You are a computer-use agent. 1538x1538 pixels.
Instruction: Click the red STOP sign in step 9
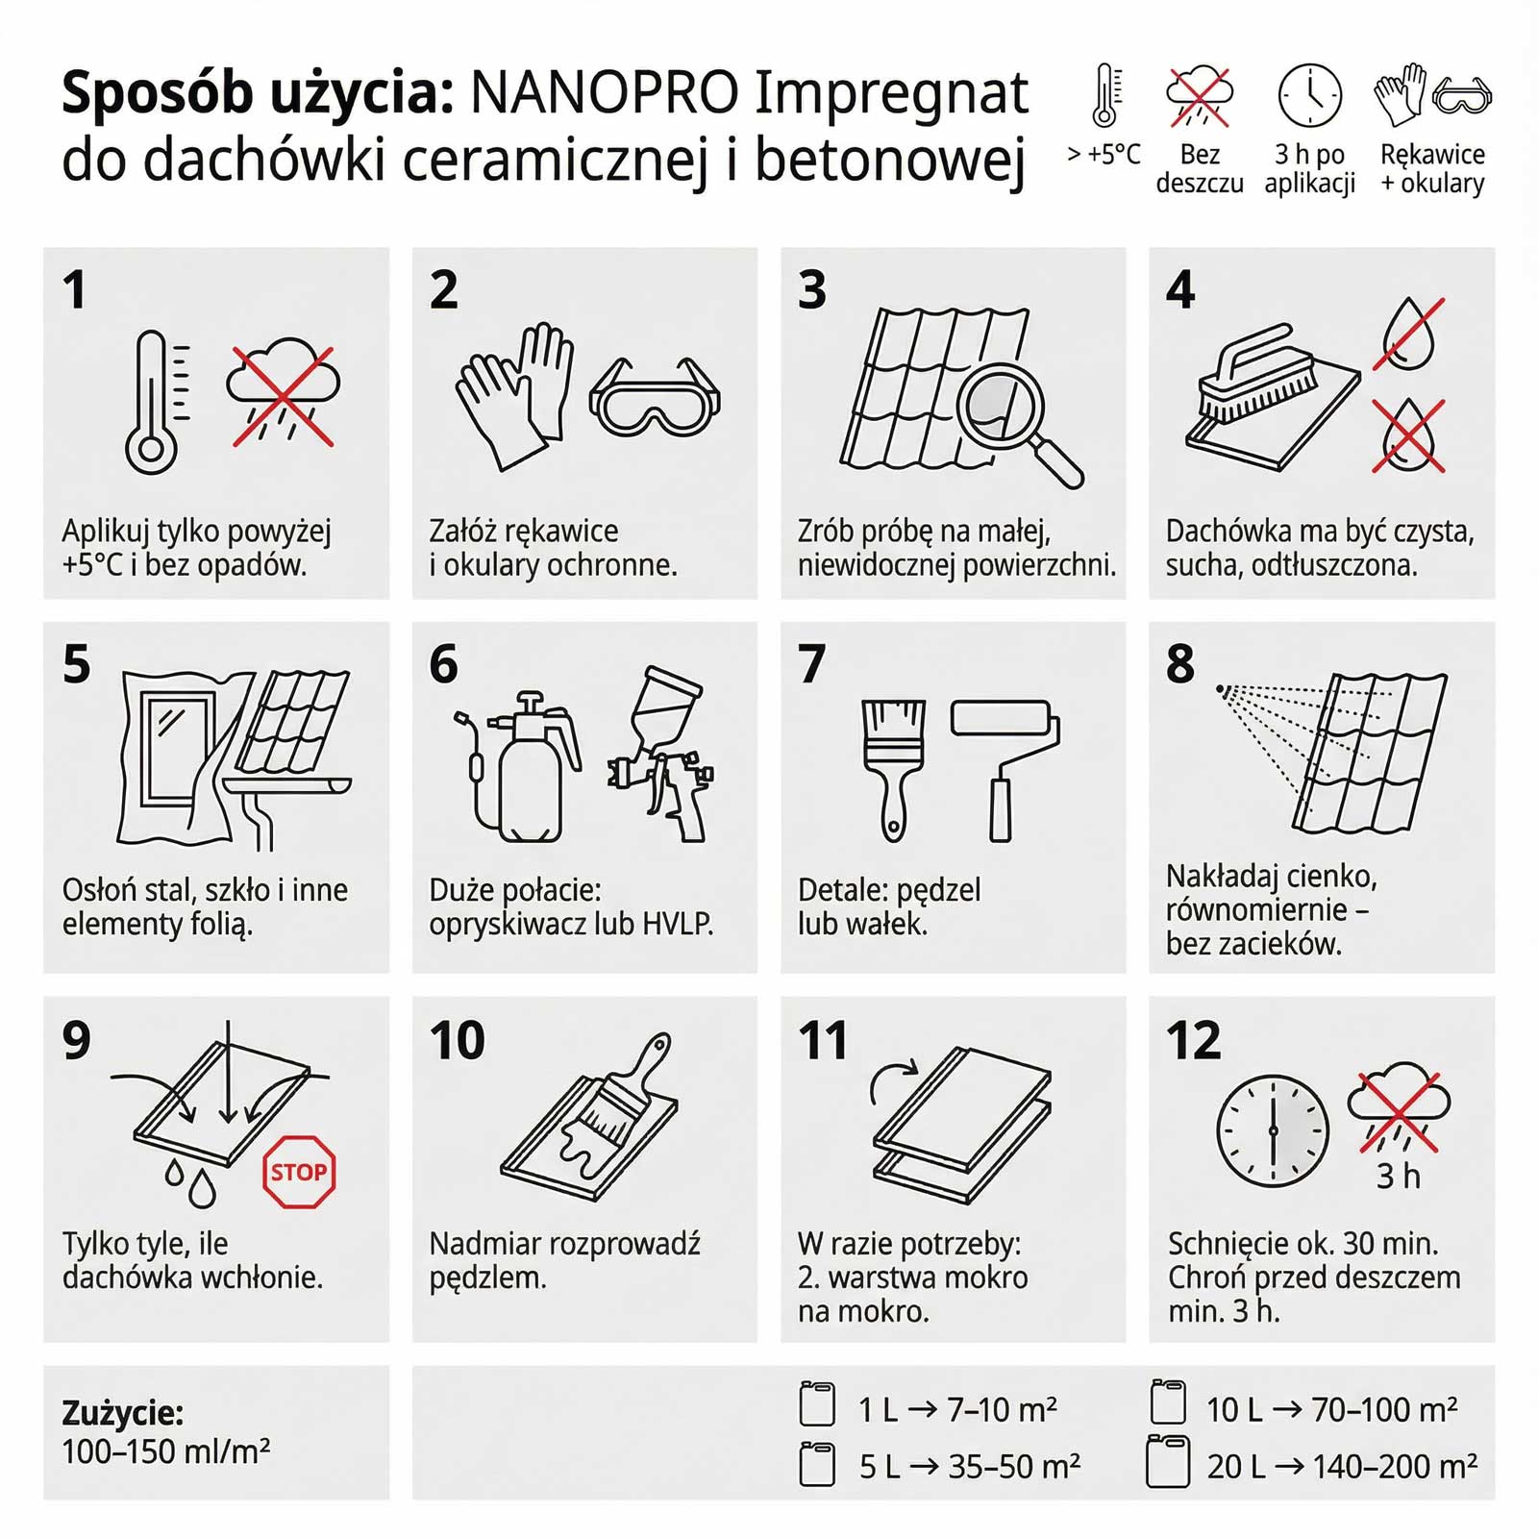(299, 1172)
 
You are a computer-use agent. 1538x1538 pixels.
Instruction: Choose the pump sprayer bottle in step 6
(519, 766)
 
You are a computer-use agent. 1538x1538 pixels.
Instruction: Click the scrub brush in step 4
(1257, 373)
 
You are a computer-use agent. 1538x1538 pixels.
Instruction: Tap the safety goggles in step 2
(655, 398)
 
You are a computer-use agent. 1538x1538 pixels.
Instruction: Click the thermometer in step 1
(154, 402)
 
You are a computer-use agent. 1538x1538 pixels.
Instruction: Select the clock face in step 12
(1273, 1131)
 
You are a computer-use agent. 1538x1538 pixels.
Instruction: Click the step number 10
(458, 1040)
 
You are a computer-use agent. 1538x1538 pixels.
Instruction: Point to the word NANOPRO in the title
(605, 93)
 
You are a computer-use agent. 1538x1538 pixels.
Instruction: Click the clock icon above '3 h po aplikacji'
(1310, 96)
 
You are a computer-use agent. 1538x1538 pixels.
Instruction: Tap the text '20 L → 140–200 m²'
(1342, 1466)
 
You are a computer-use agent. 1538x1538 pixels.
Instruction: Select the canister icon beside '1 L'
(817, 1404)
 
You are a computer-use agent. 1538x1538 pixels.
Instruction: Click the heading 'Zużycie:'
(122, 1414)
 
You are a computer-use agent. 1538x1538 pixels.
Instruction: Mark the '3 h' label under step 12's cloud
(1398, 1176)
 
